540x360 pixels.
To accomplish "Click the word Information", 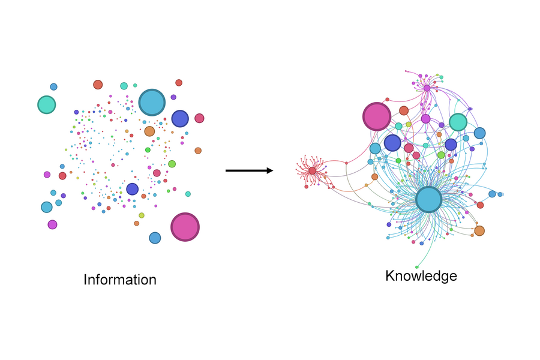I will click(120, 280).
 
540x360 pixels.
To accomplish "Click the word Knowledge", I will click(421, 276).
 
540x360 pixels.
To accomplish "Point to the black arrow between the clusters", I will click(246, 170).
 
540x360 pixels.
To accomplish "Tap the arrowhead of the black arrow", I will click(269, 170).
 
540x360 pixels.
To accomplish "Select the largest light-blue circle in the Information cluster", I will click(152, 102).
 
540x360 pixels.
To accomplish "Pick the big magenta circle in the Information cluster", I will click(185, 227).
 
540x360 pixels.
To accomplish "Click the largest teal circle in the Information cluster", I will click(46, 104).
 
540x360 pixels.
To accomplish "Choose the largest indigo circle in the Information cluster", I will click(180, 119).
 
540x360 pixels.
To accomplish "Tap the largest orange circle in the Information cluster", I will click(149, 131).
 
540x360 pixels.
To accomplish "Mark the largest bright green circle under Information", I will click(172, 164).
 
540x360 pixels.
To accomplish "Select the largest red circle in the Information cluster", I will click(98, 85).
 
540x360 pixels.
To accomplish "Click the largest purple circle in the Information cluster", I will click(52, 224).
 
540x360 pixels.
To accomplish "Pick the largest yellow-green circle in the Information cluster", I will click(142, 215).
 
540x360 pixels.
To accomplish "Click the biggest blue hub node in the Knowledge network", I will click(428, 200).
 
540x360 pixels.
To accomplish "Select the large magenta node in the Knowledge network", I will click(377, 116).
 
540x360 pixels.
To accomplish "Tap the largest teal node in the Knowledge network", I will click(458, 122).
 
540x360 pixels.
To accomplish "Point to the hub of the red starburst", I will click(313, 171).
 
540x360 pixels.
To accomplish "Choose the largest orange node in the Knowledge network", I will click(479, 230).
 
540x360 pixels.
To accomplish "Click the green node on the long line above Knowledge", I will click(417, 267).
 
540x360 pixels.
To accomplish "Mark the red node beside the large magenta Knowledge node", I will click(404, 110).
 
